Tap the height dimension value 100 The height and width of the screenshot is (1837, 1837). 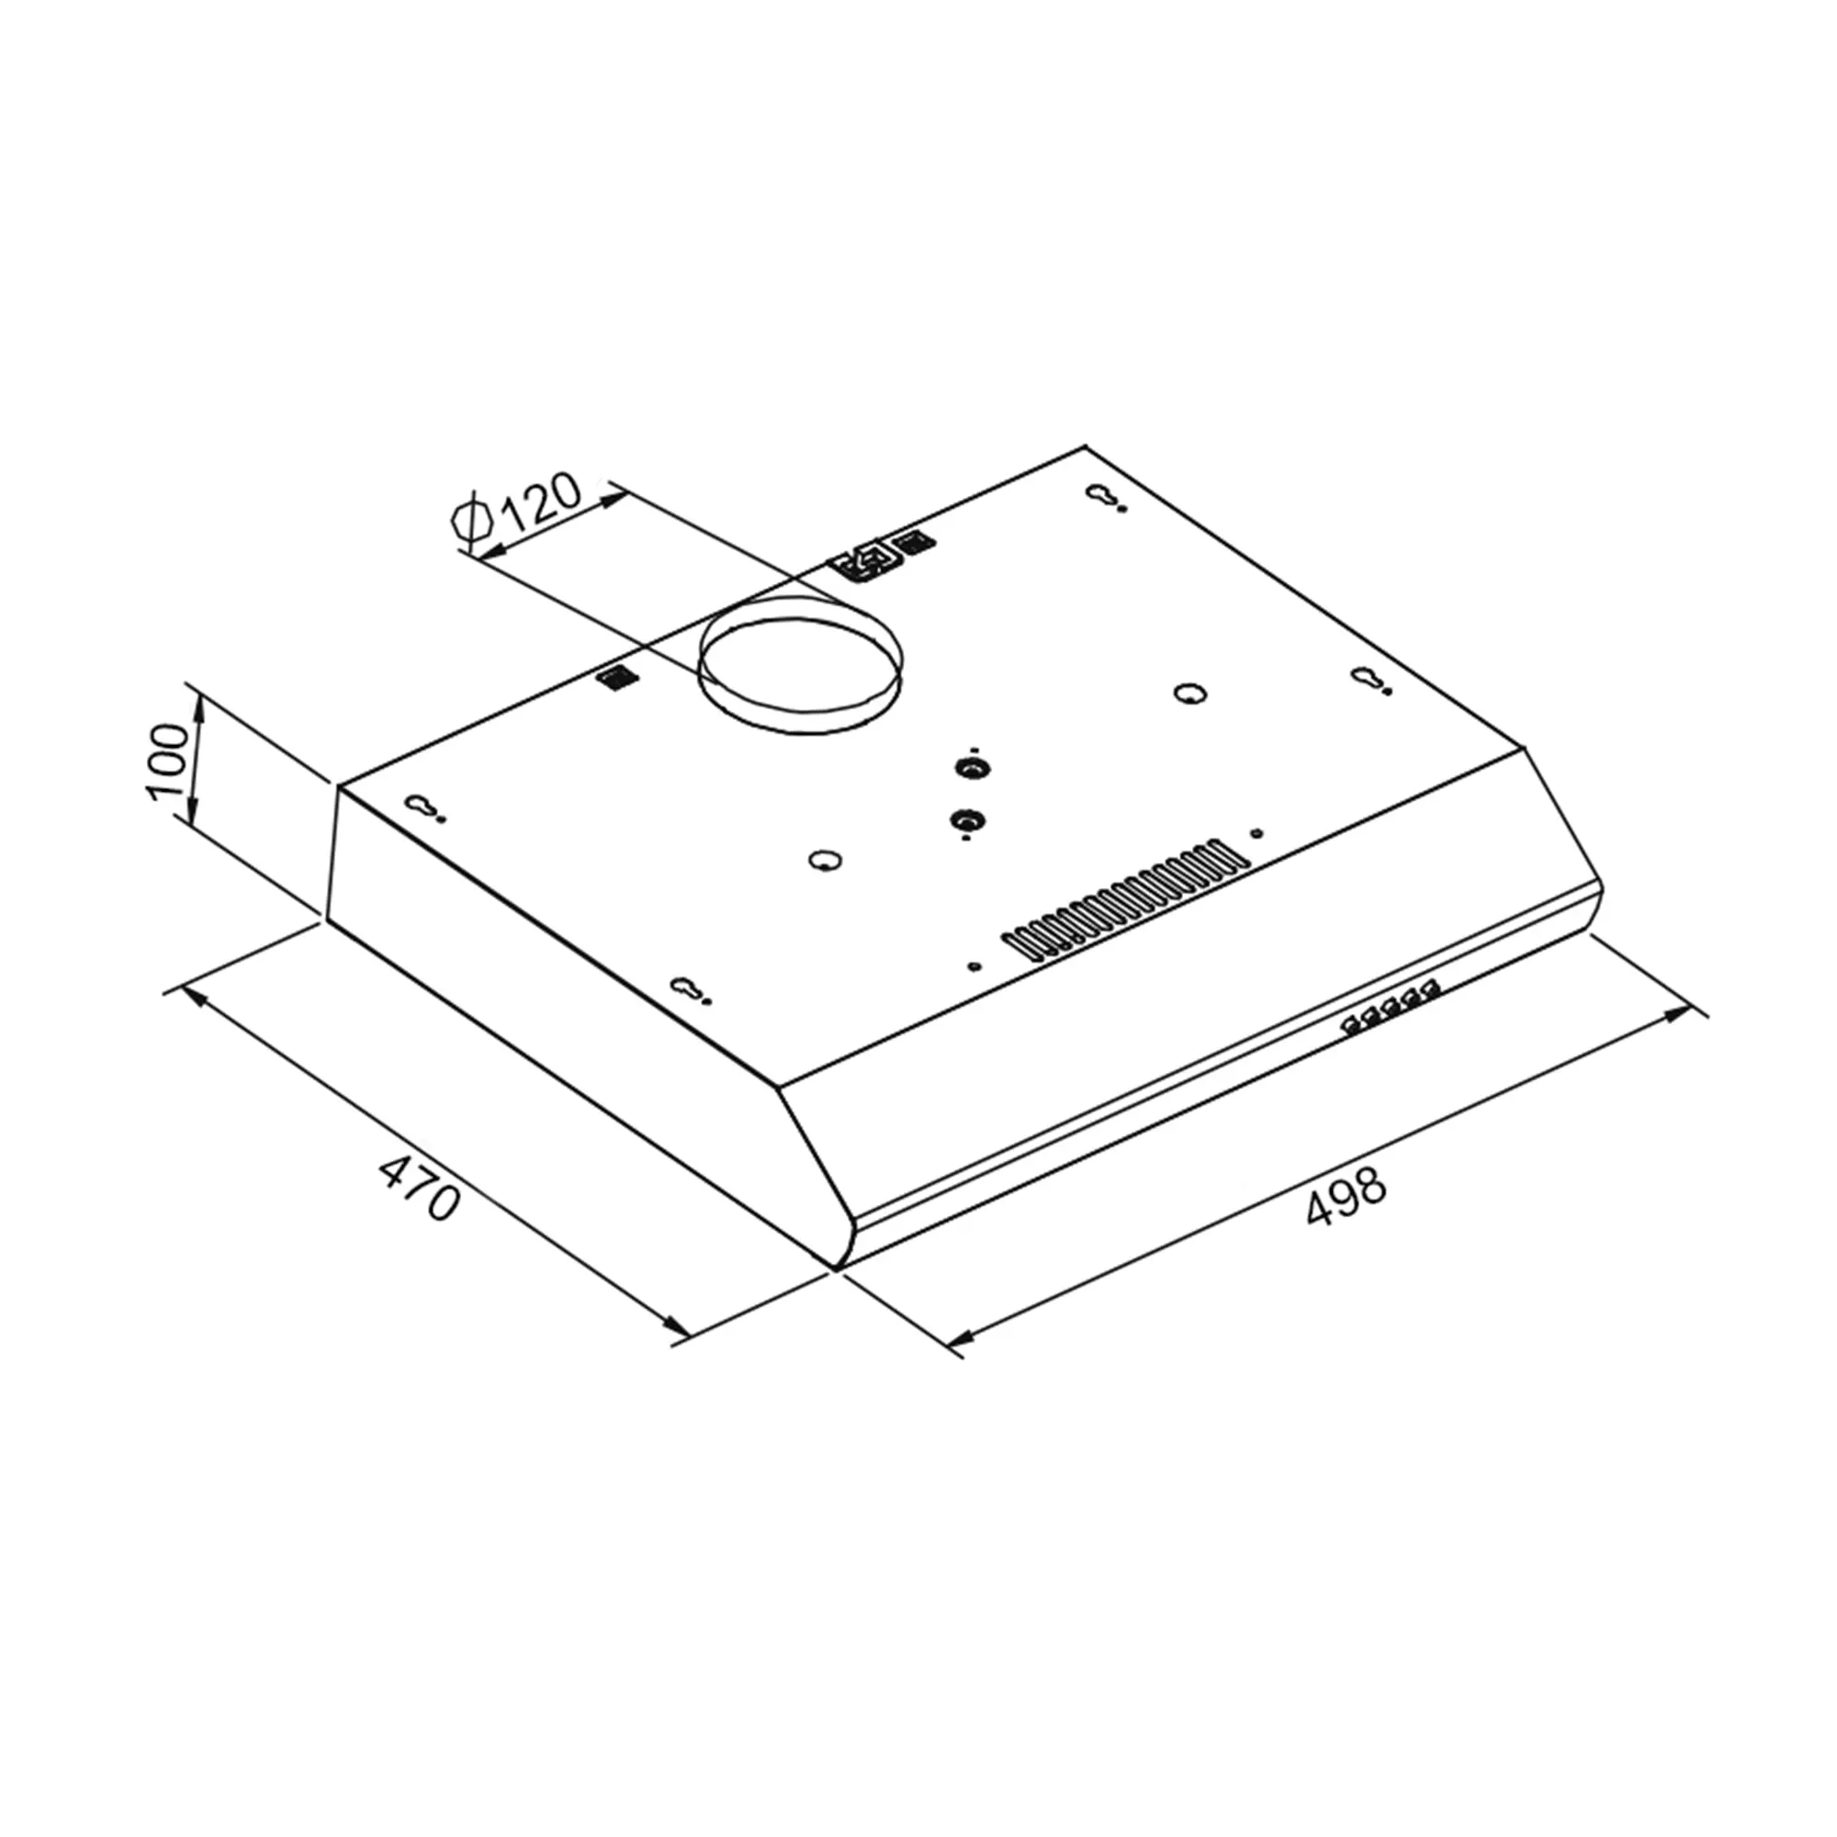[168, 761]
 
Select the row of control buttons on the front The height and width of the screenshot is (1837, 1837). [1390, 1008]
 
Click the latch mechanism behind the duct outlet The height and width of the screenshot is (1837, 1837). [866, 560]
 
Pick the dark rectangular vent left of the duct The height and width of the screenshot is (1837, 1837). [618, 677]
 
